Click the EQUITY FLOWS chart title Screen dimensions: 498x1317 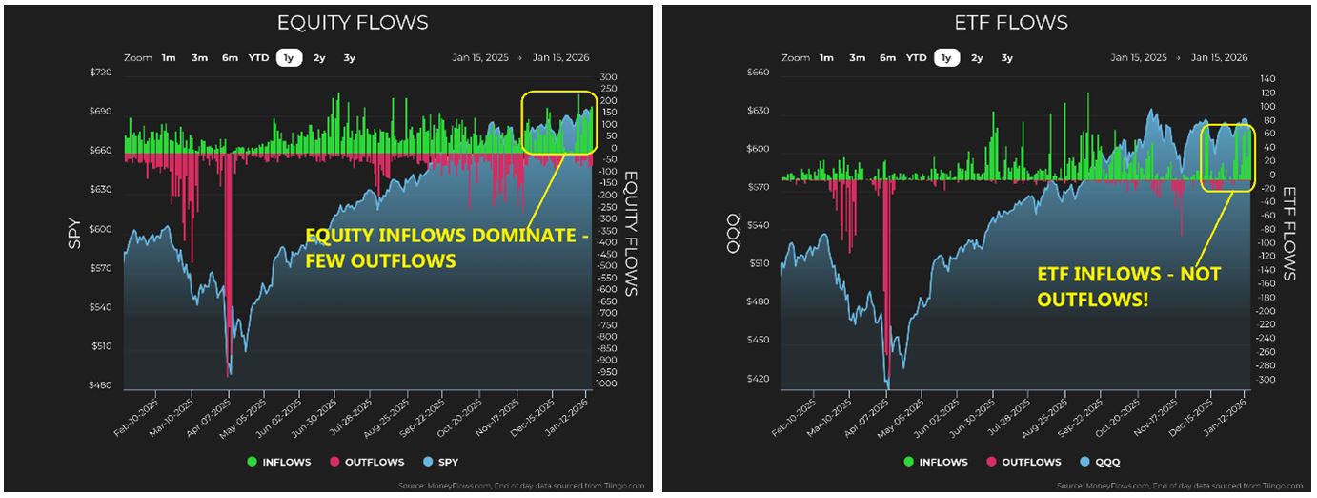(352, 22)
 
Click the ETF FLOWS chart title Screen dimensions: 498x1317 (1010, 22)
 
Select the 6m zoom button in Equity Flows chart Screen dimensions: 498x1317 (230, 58)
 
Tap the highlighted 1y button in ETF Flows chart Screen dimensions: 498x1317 (945, 58)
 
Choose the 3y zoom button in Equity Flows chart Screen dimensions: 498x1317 (349, 58)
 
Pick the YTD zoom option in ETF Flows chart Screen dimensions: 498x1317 (916, 58)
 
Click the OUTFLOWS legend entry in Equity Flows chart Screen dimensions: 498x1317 (368, 462)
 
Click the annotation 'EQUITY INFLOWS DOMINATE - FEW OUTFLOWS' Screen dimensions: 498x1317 (446, 248)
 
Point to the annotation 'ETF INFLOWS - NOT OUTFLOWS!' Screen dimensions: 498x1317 (1128, 286)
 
